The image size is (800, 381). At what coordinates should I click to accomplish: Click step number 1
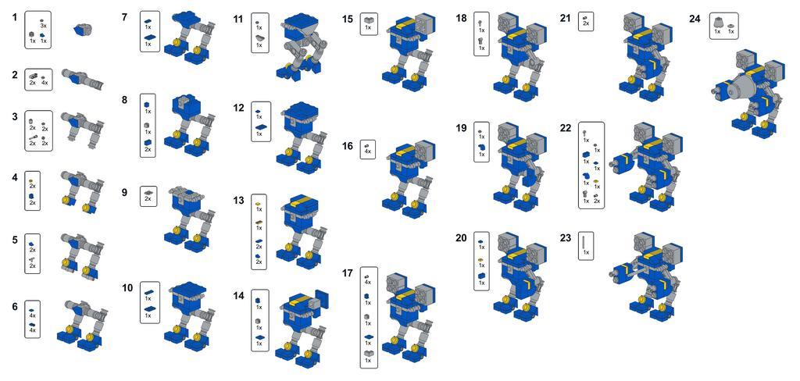tap(15, 17)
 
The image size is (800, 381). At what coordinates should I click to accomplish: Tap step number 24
tap(695, 19)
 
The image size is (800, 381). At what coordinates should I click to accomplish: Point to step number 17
tap(348, 273)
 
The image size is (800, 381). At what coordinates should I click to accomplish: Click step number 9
tap(125, 192)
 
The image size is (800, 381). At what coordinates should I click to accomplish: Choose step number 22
tap(566, 128)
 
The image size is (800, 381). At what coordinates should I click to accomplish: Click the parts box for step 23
tap(586, 246)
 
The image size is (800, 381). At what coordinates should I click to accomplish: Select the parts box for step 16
tap(368, 149)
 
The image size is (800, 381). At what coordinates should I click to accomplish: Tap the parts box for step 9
tap(148, 196)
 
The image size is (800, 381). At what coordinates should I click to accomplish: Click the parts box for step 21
tap(586, 21)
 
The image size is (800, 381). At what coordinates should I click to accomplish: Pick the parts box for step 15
tap(369, 23)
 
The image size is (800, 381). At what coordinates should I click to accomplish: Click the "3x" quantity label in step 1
tap(44, 25)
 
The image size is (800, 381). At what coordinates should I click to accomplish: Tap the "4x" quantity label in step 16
tap(368, 152)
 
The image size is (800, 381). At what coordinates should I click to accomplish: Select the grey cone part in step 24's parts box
tap(717, 23)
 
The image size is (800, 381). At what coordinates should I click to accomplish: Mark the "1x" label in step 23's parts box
tap(586, 252)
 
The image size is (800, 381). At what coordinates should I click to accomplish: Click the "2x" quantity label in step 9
tap(148, 199)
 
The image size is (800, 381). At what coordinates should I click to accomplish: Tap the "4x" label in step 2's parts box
tap(45, 83)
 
